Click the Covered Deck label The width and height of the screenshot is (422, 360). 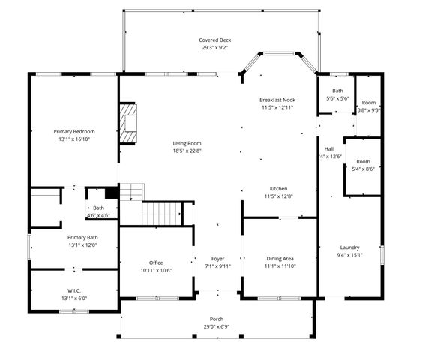coord(214,40)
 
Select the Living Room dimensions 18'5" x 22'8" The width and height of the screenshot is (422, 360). coord(187,151)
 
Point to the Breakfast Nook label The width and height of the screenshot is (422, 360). coord(277,100)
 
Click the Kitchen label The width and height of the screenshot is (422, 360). coord(278,188)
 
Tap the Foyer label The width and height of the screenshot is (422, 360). coord(217,258)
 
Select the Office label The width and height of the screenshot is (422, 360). coord(156,262)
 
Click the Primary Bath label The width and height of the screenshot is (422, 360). coord(82,237)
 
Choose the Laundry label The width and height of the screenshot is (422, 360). coord(349,247)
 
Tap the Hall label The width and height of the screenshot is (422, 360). coord(329,148)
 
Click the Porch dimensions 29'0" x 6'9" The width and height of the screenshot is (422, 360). coord(216,326)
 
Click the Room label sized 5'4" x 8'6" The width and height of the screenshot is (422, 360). coord(363,161)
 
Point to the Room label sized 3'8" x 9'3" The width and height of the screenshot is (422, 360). coord(368,103)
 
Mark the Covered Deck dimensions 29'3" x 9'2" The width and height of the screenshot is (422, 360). coord(214,48)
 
